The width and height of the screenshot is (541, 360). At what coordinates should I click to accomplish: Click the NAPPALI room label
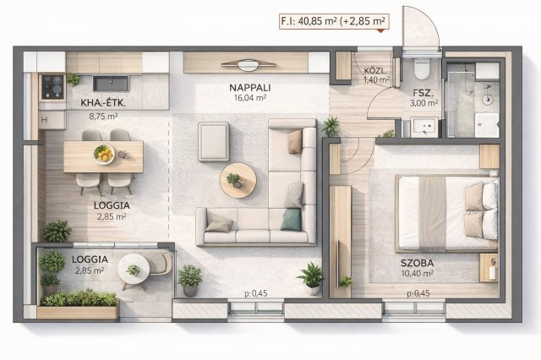250,88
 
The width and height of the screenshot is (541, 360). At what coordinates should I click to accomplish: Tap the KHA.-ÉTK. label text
103,103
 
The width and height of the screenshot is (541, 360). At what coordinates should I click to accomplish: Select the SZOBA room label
417,264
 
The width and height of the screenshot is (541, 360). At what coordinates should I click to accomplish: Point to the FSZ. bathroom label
423,93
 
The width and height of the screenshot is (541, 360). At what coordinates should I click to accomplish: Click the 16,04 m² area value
250,98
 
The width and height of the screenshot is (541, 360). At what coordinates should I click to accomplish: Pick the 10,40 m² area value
418,274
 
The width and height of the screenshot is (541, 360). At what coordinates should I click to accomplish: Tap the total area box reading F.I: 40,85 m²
334,21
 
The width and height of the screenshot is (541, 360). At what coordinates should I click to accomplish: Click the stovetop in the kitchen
52,87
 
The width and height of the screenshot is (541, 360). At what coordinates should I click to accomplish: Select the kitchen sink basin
112,84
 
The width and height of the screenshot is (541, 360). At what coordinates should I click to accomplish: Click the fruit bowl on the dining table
104,154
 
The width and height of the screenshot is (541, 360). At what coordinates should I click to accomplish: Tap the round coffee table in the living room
238,180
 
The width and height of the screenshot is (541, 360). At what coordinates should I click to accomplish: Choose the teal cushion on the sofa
291,220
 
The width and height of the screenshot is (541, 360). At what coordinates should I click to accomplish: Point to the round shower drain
487,100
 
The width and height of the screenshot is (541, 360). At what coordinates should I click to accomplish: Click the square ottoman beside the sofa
214,142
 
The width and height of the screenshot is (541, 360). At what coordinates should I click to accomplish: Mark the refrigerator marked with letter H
52,120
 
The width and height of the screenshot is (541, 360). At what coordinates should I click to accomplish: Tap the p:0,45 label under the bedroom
418,293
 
